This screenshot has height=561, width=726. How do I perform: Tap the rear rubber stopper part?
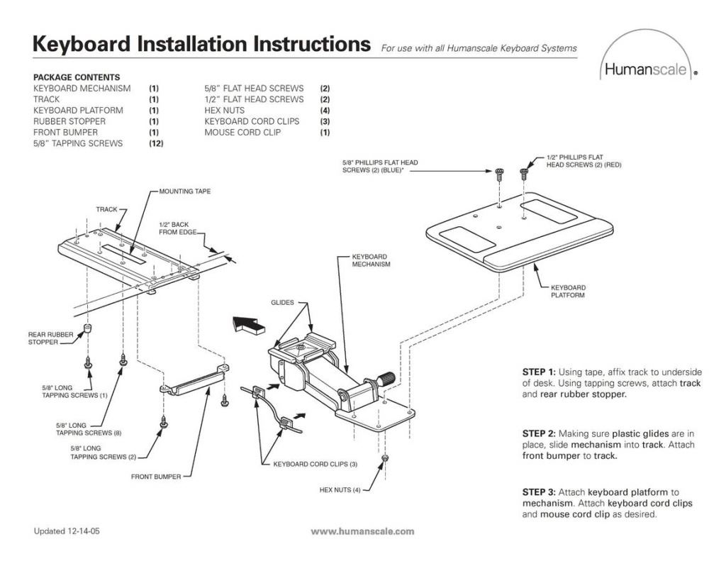coord(86,329)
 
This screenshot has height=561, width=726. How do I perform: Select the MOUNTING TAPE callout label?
coord(185,191)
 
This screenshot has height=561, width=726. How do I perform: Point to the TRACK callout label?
coord(106,209)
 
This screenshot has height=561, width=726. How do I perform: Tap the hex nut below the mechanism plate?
coord(384,458)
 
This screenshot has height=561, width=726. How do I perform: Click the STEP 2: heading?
coord(539,433)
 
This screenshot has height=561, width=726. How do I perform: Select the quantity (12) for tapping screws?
coord(156,143)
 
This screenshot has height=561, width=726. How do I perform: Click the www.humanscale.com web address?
coord(362,531)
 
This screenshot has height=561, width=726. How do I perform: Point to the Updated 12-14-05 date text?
coord(67,531)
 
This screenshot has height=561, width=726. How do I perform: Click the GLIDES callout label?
coord(282,303)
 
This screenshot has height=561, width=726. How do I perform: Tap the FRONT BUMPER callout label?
coord(156,477)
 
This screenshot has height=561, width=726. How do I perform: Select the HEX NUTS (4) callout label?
coord(340,490)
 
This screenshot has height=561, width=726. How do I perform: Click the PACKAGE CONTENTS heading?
coord(77,77)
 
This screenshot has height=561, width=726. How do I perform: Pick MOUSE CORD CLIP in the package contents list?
coord(242,133)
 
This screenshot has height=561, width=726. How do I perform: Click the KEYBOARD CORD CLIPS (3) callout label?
coord(315,464)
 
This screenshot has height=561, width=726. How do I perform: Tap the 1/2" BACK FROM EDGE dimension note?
coord(178,228)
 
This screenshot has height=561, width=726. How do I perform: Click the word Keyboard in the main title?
coord(82,44)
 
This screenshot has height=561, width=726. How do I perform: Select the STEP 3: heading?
coord(539,492)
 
